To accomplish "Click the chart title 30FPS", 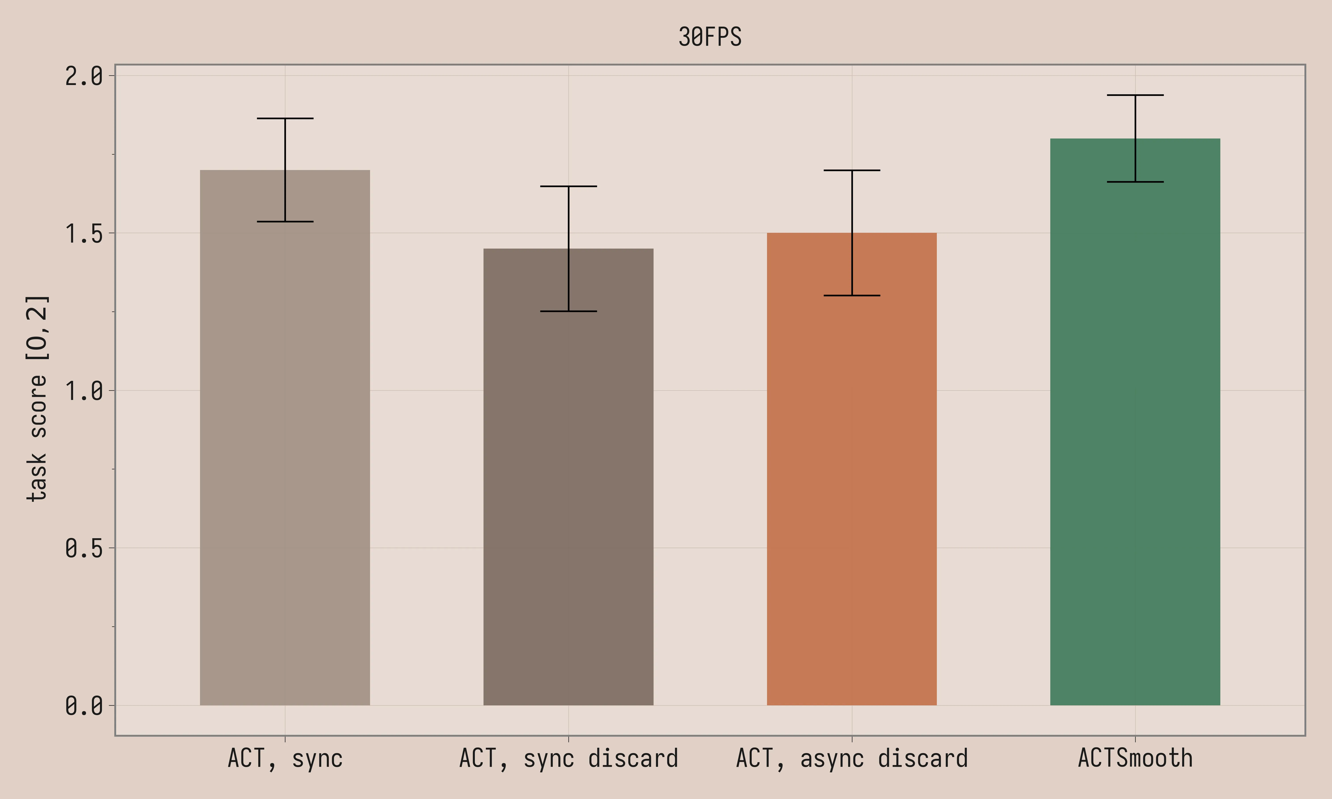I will pyautogui.click(x=710, y=37).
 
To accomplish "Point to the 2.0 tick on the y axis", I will pyautogui.click(x=84, y=76).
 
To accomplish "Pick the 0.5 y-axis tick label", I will pyautogui.click(x=84, y=548).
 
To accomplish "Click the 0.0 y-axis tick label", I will pyautogui.click(x=84, y=705).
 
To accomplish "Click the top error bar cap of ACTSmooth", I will pyautogui.click(x=1135, y=95).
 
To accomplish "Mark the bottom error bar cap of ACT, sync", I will pyautogui.click(x=285, y=221).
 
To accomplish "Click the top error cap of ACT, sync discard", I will pyautogui.click(x=568, y=186).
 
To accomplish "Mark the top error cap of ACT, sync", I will pyautogui.click(x=285, y=119).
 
